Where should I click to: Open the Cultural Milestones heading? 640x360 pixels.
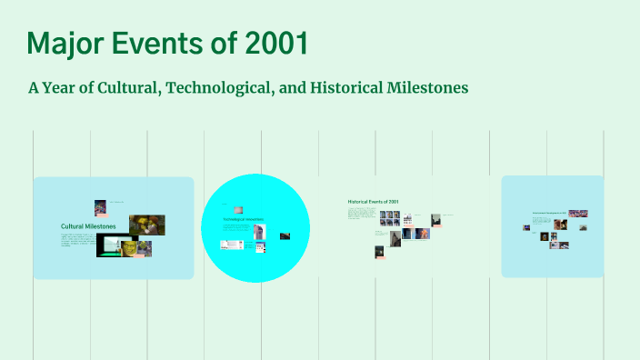point(88,226)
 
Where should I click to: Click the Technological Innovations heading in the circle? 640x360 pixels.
point(243,219)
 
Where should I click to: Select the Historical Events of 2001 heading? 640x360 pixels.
point(373,201)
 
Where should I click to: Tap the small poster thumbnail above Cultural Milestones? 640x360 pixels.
point(100,207)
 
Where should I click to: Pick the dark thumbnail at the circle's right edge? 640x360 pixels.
point(285,235)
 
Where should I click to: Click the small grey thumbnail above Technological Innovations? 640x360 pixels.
point(238,209)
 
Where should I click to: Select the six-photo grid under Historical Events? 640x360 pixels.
point(389,218)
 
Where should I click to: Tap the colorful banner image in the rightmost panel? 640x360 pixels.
point(577,214)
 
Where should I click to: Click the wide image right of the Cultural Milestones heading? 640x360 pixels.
point(146,225)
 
